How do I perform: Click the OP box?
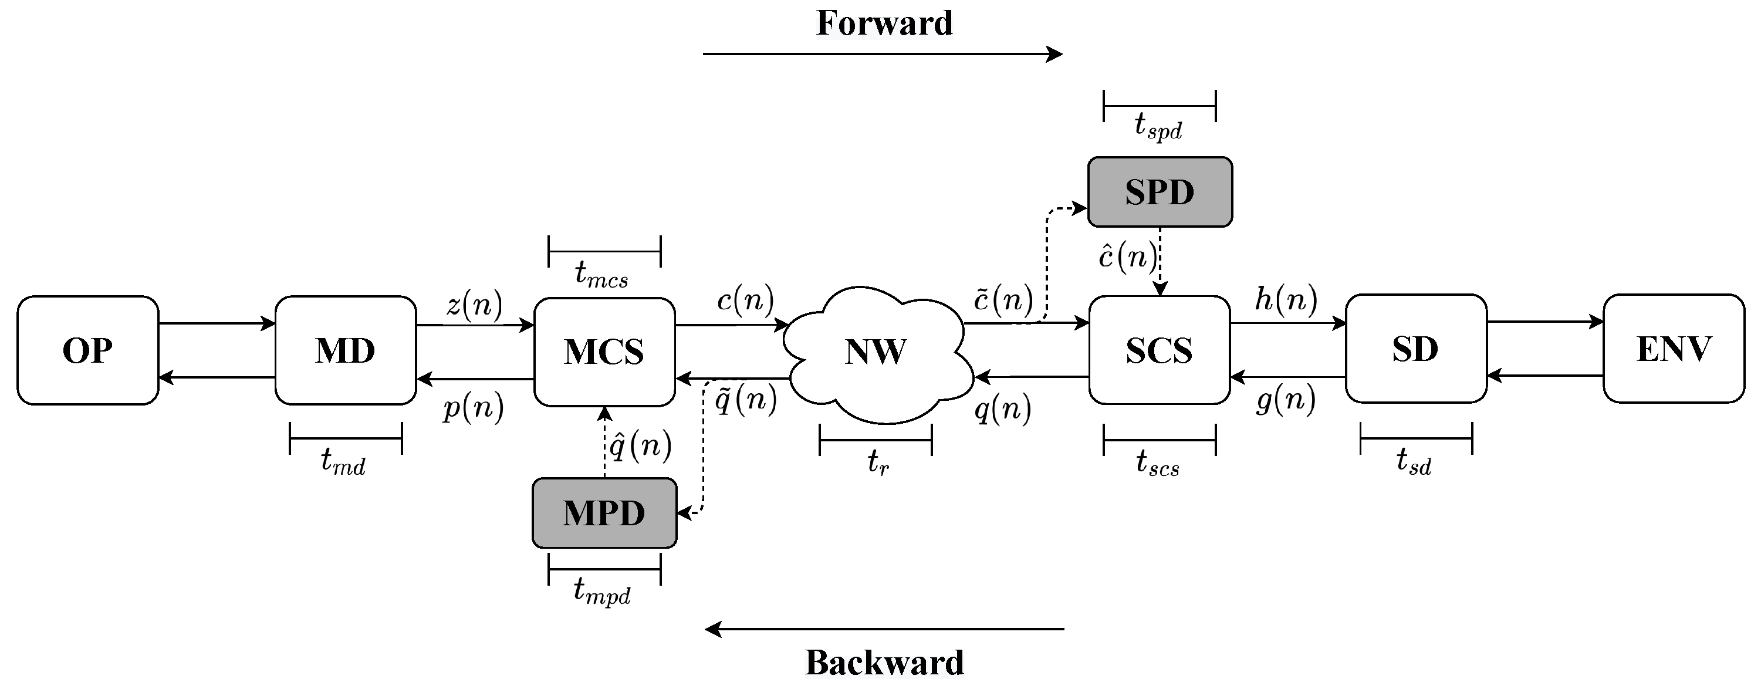87,350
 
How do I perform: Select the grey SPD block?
1160,192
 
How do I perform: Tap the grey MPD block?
604,514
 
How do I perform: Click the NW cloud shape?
877,352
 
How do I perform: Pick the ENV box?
1674,349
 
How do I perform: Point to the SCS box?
1159,350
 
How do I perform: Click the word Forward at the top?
884,24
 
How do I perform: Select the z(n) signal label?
474,304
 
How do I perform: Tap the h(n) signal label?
1286,299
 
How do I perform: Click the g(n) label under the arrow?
1286,401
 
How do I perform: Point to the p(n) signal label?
473,408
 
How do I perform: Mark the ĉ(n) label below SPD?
1127,257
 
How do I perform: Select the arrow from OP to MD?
217,324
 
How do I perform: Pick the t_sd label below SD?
1414,462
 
